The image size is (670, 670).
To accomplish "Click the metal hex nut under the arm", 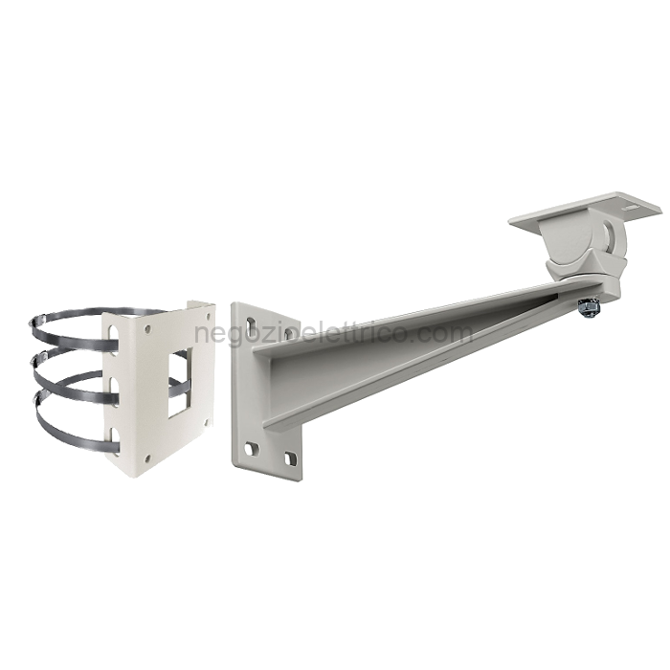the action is tap(588, 307).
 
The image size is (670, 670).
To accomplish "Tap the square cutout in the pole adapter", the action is tap(180, 382).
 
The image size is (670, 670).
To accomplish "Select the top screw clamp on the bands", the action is tap(38, 322).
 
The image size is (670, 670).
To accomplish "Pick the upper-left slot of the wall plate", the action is tap(252, 324).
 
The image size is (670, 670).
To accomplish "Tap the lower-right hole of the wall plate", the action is tap(290, 458).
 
